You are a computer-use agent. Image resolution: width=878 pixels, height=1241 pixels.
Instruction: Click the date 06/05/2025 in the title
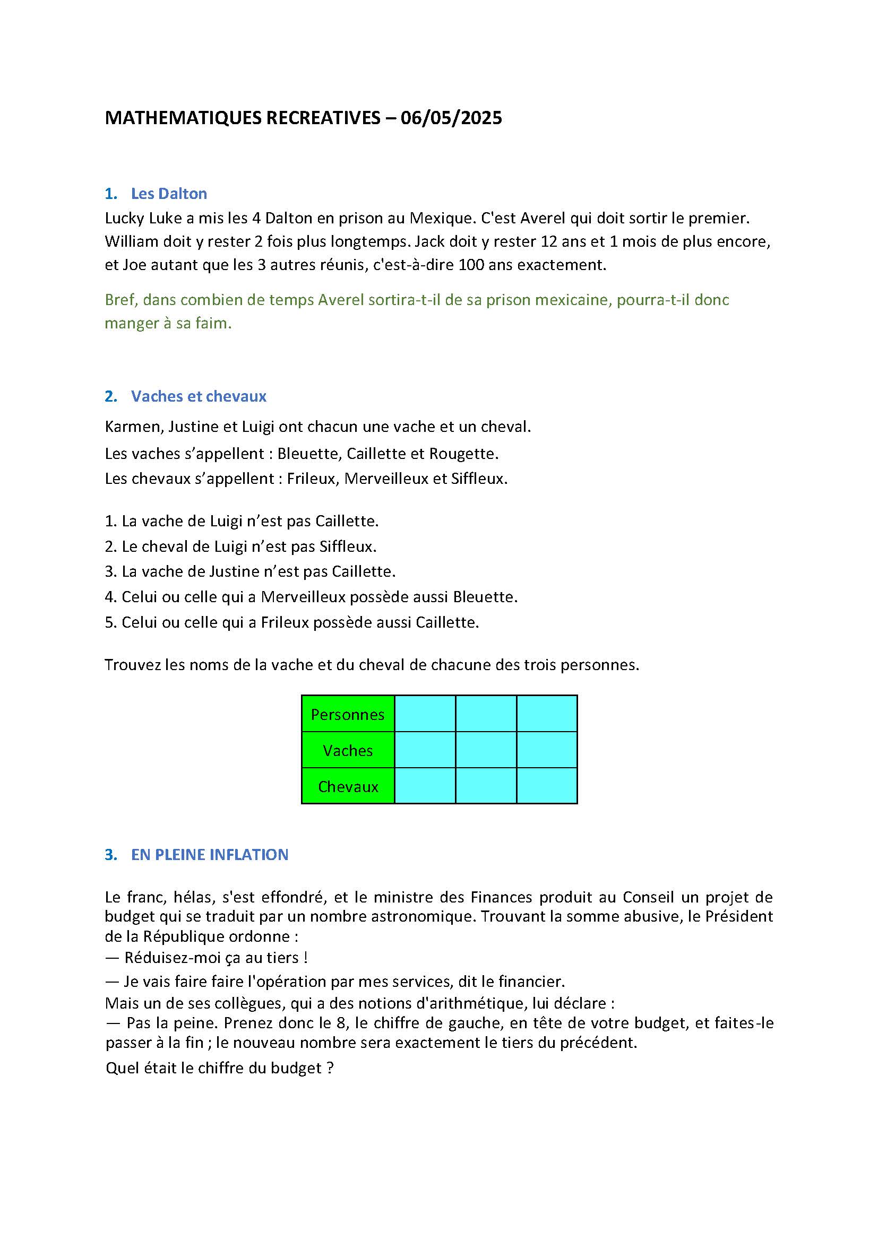451,118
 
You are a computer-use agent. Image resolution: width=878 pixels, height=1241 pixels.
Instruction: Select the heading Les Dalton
169,194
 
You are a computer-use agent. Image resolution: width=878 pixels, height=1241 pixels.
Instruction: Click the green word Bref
119,300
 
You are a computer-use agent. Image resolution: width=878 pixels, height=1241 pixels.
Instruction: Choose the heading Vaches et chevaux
199,396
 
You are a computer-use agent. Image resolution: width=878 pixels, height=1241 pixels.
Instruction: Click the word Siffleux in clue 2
347,546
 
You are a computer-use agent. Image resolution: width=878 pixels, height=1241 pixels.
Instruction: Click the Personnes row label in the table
348,715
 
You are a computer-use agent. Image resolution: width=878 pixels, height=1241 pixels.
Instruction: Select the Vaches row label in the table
348,751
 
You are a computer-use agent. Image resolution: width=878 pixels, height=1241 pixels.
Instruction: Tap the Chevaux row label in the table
348,786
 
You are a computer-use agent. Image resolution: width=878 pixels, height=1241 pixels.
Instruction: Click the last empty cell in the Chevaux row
547,786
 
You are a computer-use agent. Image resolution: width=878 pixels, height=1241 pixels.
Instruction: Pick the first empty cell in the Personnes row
425,714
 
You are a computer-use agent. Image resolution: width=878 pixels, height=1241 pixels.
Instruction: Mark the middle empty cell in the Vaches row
486,750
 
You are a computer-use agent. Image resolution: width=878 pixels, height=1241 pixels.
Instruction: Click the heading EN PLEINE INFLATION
210,855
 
